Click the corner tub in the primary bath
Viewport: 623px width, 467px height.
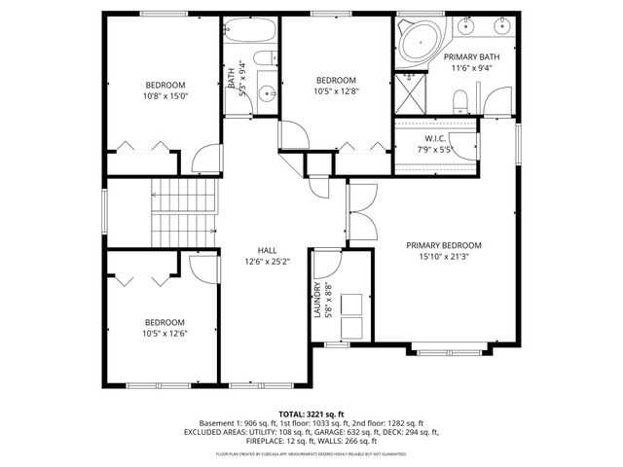[x=418, y=41]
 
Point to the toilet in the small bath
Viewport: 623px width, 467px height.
[x=262, y=63]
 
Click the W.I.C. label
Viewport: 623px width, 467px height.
[x=435, y=137]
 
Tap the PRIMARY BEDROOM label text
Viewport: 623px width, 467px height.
[x=444, y=245]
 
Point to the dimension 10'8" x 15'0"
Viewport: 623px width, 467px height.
[x=165, y=96]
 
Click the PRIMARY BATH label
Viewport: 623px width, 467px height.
[x=471, y=57]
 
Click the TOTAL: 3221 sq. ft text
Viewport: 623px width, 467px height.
[x=311, y=413]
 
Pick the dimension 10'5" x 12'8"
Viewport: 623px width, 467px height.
[x=335, y=92]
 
